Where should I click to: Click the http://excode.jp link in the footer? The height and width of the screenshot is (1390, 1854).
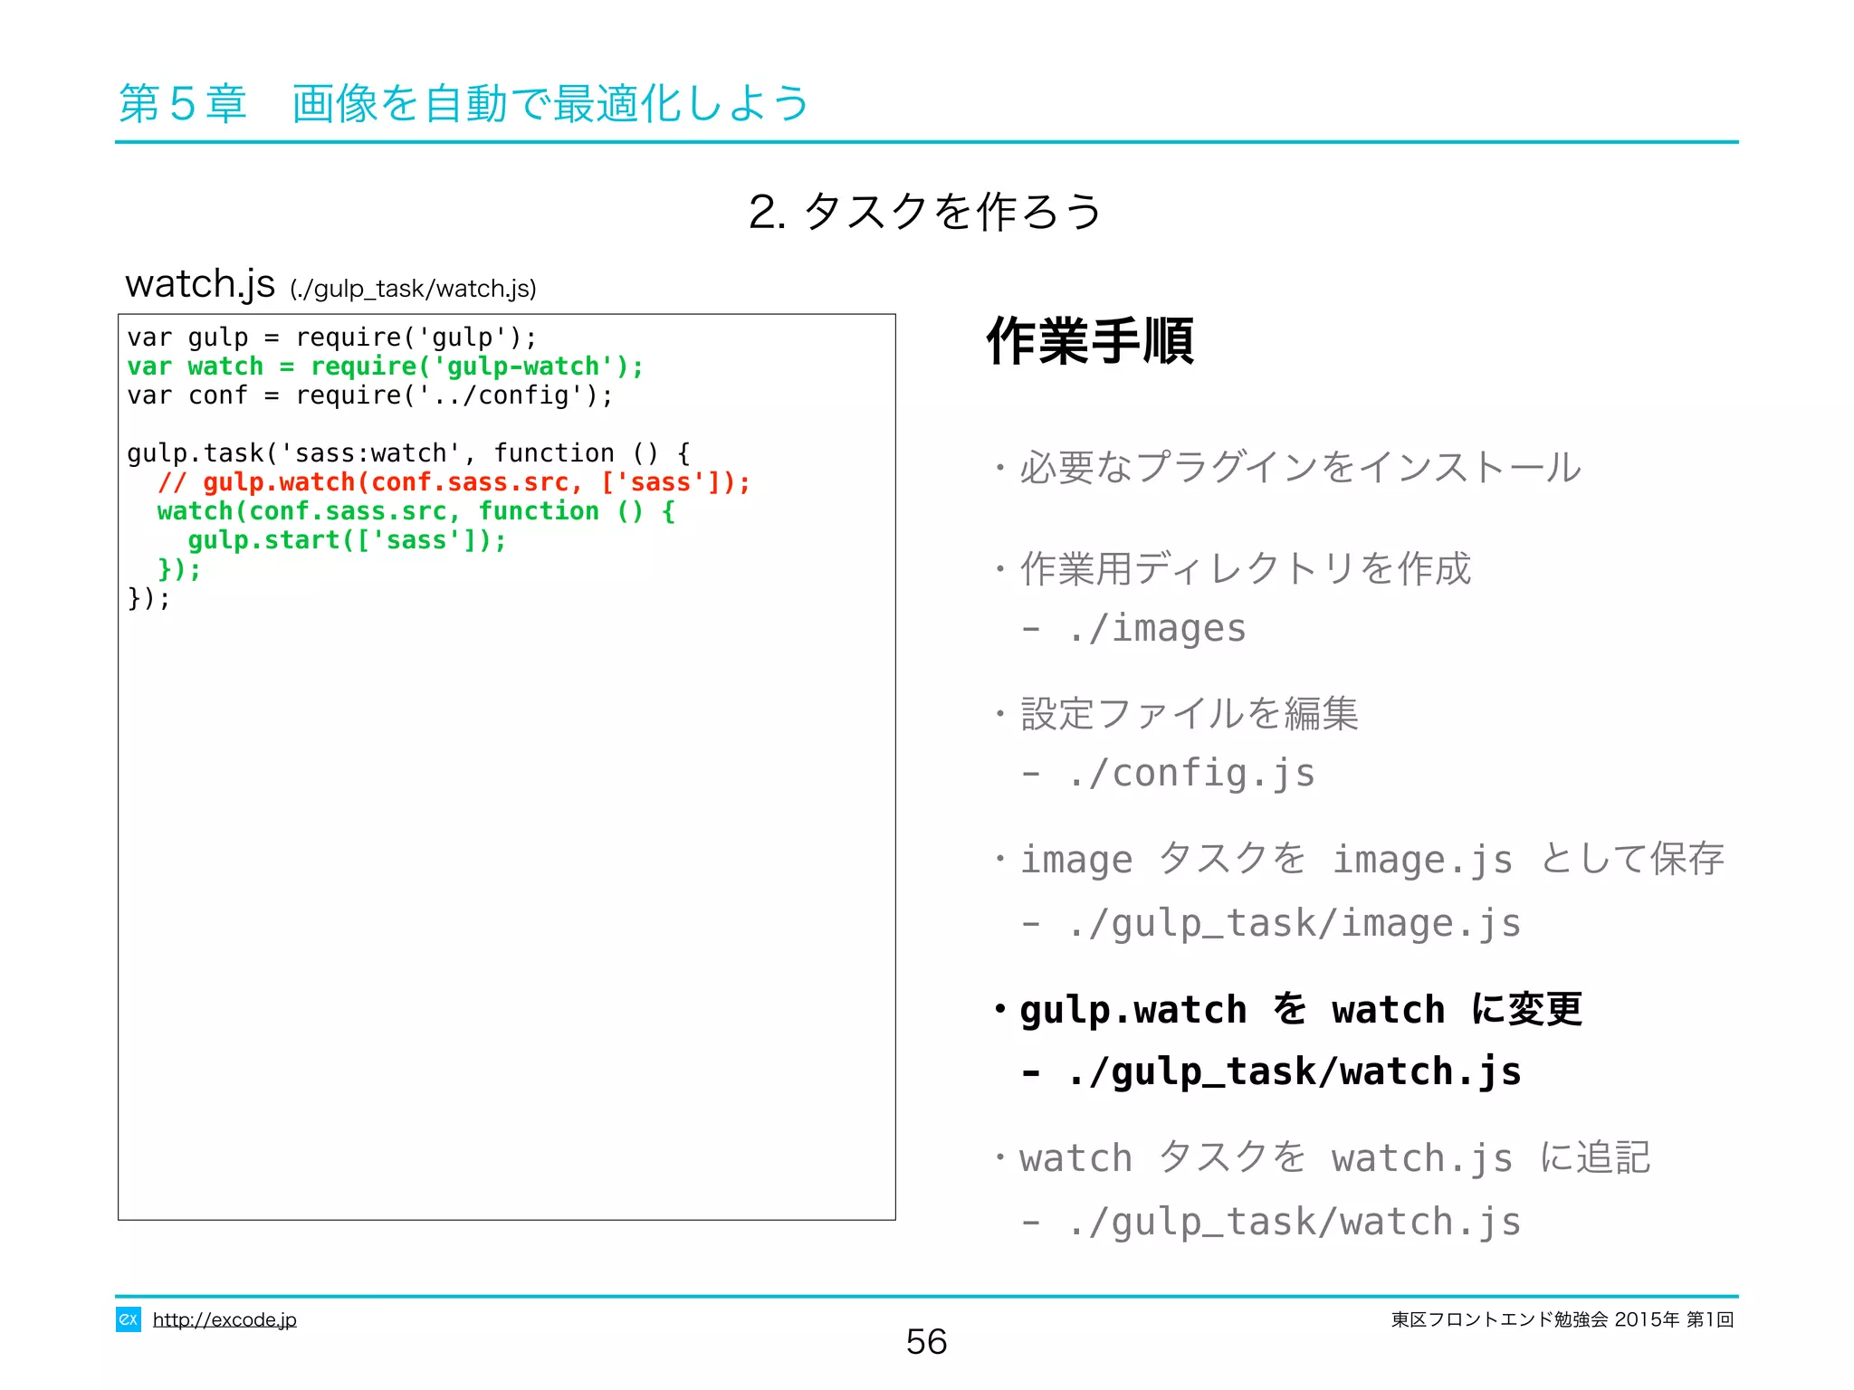click(225, 1319)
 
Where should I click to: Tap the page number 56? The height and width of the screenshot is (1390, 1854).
click(926, 1341)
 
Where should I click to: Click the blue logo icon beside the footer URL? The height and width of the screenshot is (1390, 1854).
click(129, 1319)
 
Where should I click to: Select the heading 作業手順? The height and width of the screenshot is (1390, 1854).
click(1090, 341)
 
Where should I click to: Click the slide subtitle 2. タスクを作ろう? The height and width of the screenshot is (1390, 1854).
click(925, 212)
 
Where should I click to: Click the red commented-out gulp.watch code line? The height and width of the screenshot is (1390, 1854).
click(454, 482)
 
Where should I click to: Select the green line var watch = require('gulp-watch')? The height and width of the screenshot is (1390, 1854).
click(385, 367)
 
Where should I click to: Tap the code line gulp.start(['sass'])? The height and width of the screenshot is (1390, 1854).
click(347, 540)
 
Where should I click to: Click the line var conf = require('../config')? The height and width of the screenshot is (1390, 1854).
click(369, 395)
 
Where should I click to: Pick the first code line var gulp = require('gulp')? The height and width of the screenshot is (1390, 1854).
click(331, 338)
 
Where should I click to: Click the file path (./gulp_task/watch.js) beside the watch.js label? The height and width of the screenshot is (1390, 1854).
click(414, 289)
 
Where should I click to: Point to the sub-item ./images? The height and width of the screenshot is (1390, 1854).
click(1156, 628)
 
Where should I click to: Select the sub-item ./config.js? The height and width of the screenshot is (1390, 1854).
click(1190, 774)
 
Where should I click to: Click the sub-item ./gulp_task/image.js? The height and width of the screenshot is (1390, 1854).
click(1293, 924)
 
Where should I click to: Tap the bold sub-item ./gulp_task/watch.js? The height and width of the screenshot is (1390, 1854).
click(1293, 1072)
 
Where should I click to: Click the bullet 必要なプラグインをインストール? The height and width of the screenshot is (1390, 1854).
click(1300, 468)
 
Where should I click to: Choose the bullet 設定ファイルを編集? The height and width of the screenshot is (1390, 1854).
click(1189, 714)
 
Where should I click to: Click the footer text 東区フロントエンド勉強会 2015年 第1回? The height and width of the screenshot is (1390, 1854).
click(1562, 1319)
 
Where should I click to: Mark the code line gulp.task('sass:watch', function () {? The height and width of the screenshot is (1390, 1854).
click(408, 453)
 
